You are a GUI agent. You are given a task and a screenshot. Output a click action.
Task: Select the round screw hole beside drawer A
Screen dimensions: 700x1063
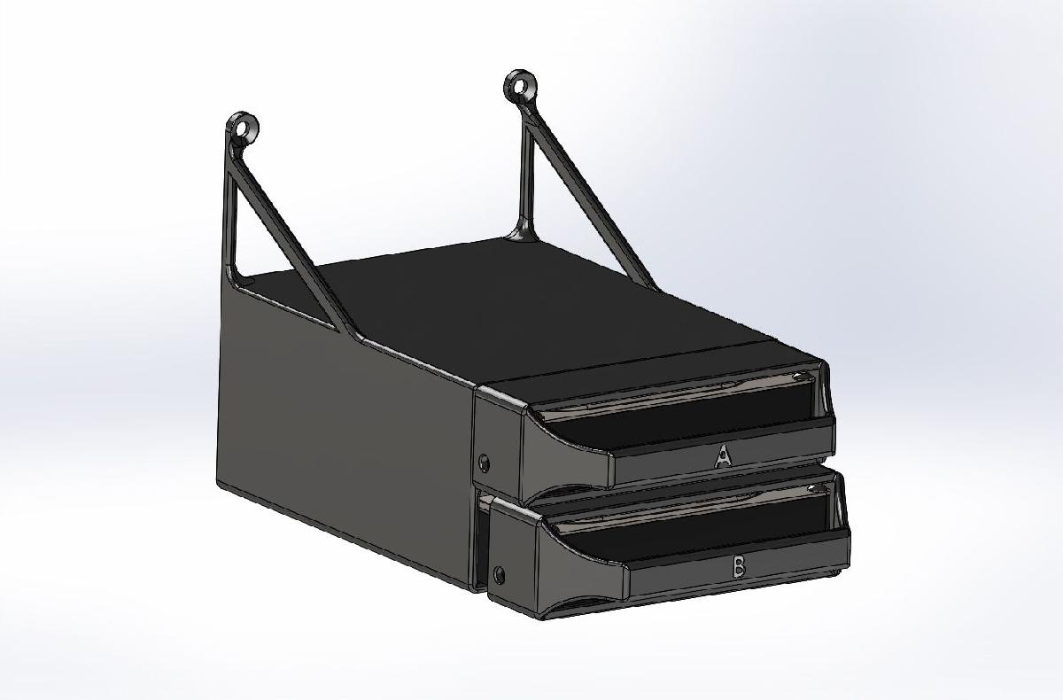(484, 462)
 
